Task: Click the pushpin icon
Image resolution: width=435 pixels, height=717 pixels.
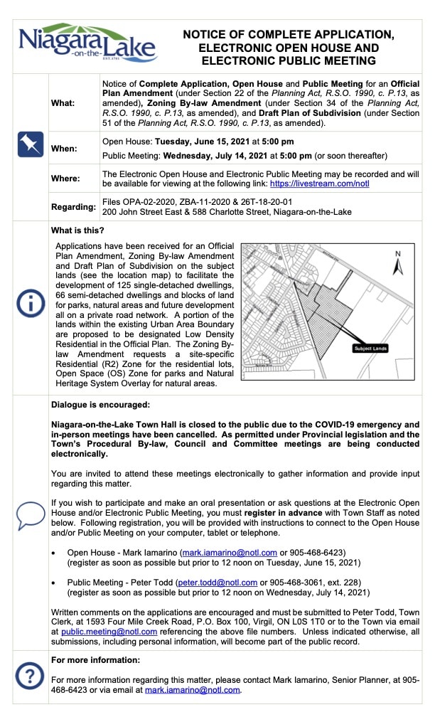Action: point(30,146)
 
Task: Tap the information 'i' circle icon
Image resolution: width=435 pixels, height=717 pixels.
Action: point(30,303)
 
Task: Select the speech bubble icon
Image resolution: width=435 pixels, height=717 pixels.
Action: point(30,514)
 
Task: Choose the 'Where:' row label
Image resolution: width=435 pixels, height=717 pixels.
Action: point(65,179)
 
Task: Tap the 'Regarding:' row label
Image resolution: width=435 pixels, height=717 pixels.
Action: point(73,207)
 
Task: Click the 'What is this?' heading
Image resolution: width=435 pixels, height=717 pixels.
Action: point(77,230)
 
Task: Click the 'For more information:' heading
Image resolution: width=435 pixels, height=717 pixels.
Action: point(95,660)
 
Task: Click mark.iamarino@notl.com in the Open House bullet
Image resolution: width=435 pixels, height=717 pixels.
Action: point(226,552)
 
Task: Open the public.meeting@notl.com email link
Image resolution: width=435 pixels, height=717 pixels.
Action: point(109,631)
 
